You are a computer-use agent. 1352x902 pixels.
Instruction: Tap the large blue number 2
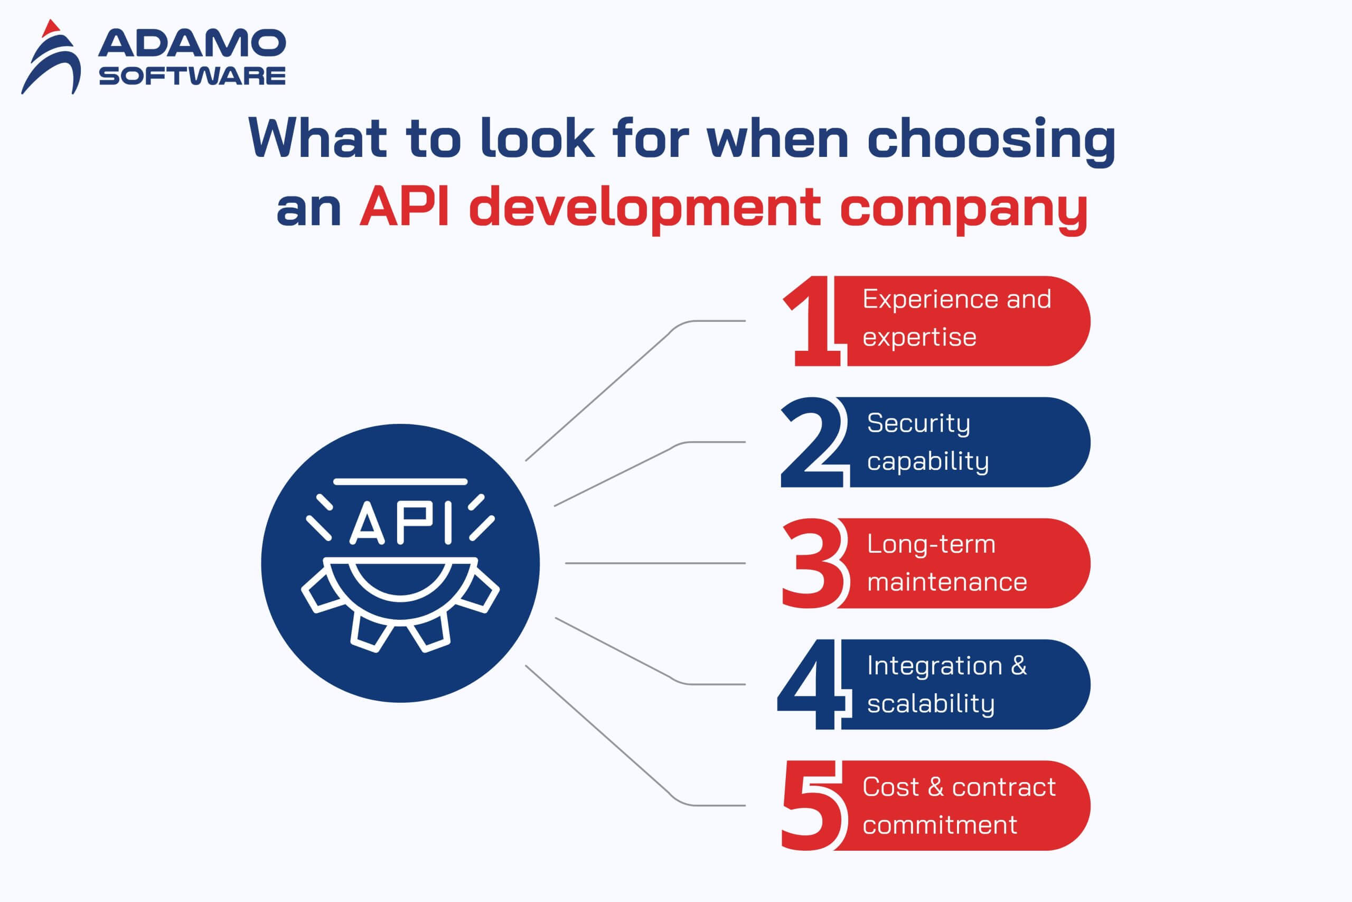tap(813, 442)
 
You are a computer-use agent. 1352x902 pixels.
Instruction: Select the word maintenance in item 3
tap(947, 582)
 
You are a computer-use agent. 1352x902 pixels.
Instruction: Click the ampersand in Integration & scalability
tap(1019, 666)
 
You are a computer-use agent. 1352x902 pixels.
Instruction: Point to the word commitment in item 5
tap(940, 825)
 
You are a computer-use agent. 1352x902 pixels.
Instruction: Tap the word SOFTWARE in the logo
tap(192, 76)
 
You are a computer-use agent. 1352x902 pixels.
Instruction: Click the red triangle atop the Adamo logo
tap(51, 27)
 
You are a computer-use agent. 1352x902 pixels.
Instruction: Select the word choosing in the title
tap(991, 140)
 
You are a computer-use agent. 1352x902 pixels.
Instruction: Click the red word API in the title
tap(404, 207)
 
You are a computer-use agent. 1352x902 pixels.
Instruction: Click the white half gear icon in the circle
tap(401, 604)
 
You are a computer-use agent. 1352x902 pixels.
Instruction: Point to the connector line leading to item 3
tap(655, 563)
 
